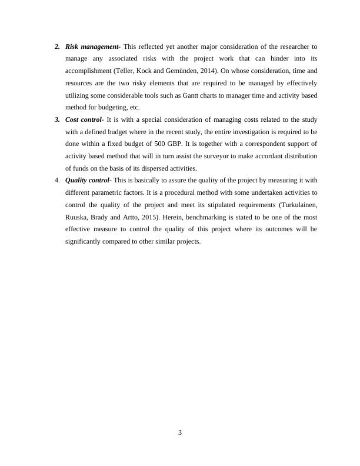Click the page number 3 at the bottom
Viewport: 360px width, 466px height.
(180, 433)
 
